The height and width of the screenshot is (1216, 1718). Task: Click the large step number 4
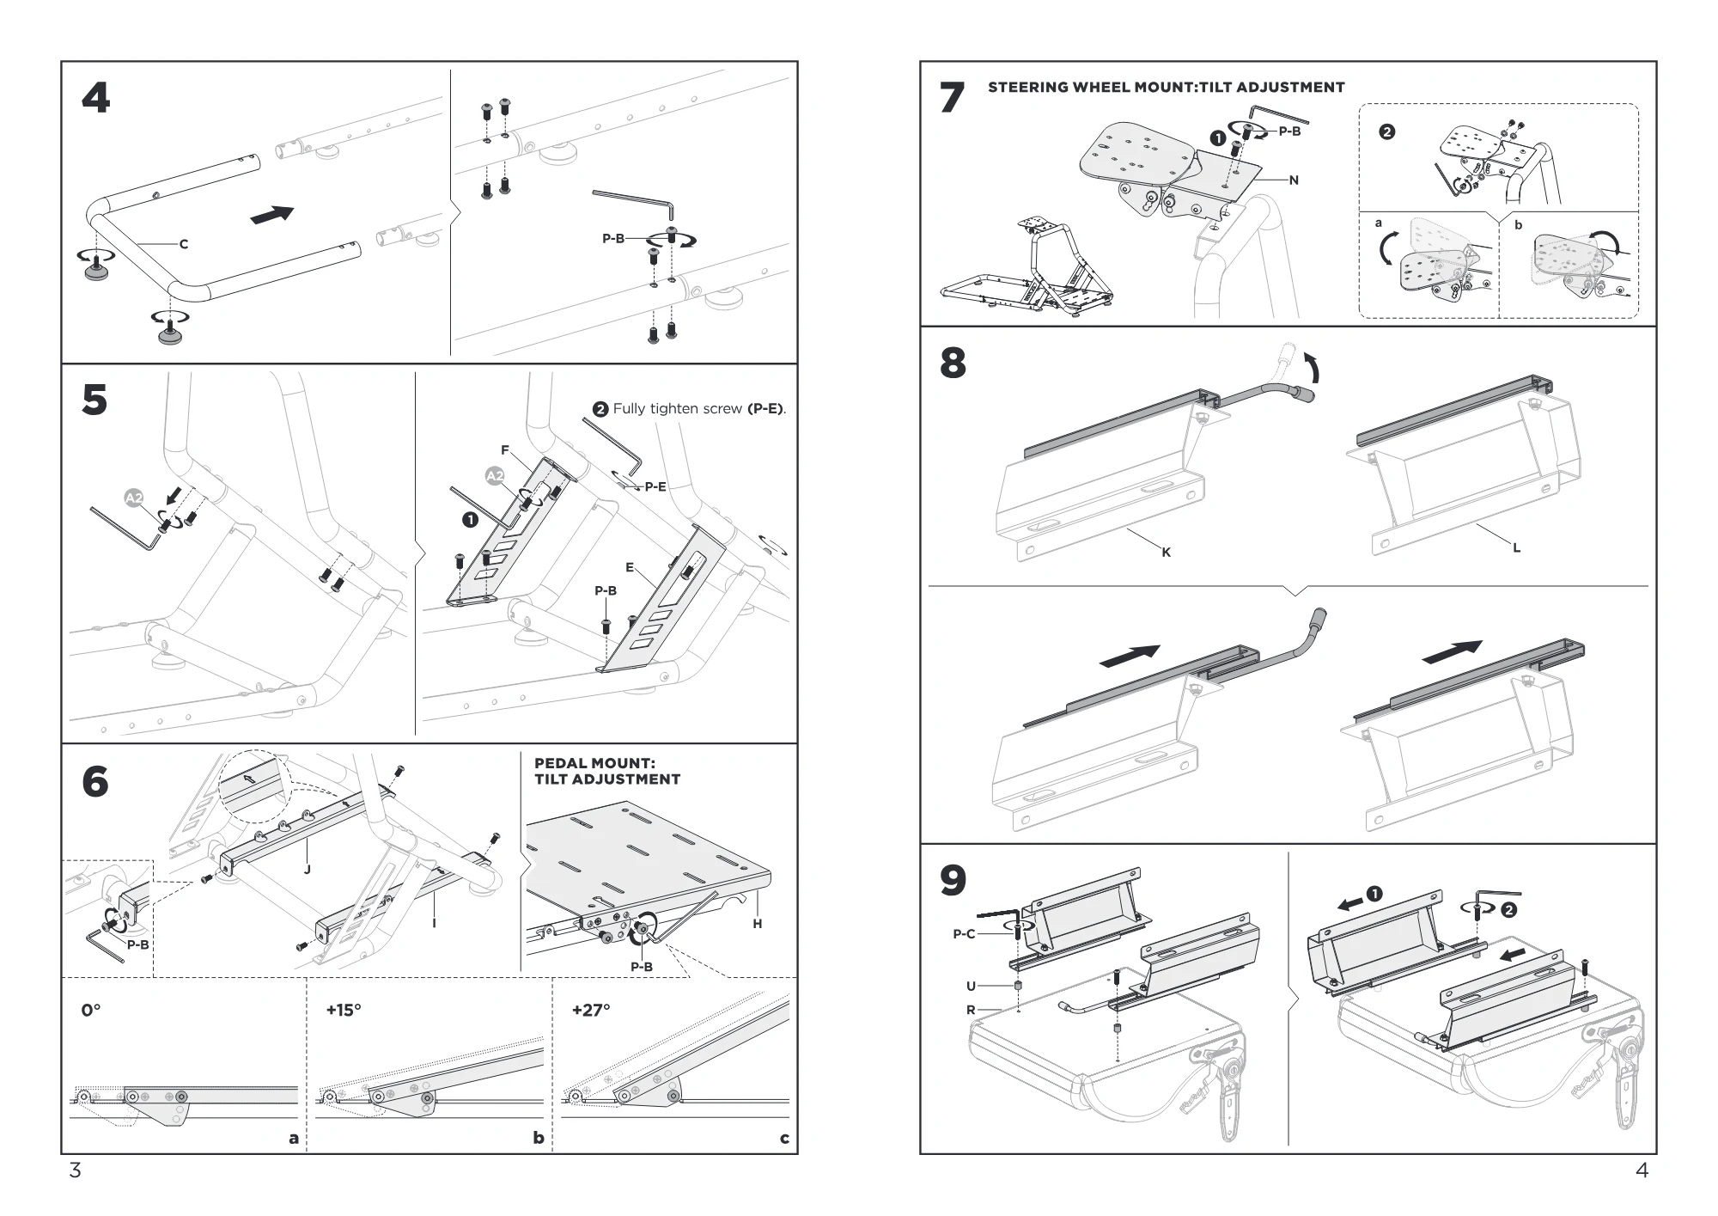96,98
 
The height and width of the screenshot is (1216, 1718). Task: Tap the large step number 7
952,98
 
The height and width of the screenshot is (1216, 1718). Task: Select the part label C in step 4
183,244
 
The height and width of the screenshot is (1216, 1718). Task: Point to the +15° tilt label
344,1011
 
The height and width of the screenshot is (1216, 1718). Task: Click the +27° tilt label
591,1011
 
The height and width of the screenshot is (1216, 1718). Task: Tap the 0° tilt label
91,1011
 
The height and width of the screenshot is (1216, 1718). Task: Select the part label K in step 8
1166,553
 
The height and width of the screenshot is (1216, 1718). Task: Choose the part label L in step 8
1516,547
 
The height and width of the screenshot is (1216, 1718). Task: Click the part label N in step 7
1294,180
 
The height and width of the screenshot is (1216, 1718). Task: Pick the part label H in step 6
757,924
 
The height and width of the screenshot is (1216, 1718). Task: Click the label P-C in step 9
964,934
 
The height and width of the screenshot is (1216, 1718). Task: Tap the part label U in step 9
971,987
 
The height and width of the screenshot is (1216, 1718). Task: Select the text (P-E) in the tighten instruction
765,409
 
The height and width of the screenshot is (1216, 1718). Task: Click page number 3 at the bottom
75,1170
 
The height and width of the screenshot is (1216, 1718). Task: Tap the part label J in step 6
307,870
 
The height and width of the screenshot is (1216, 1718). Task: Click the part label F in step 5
505,450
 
